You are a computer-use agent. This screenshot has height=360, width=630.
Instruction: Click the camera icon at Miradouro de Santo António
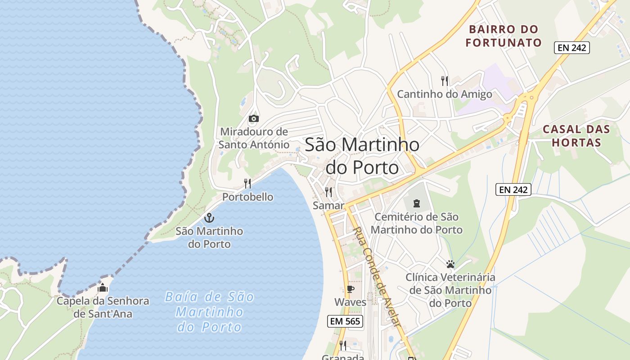tap(254, 118)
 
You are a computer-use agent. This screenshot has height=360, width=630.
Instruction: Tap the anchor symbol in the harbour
tap(209, 218)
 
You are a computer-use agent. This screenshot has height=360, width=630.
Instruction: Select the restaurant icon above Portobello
tap(247, 183)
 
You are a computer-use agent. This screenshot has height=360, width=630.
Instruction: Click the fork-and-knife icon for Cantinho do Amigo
tap(445, 81)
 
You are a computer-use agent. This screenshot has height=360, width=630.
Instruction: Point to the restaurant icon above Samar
tap(328, 192)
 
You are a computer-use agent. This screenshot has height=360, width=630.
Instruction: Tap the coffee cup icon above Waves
tap(350, 289)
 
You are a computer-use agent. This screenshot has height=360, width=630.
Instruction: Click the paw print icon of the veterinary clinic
tap(450, 264)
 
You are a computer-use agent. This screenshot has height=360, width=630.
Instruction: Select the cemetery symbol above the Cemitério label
tap(416, 203)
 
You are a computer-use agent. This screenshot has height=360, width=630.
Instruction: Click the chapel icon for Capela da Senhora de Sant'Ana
tap(103, 288)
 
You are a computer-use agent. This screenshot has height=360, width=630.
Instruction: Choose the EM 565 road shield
tap(346, 321)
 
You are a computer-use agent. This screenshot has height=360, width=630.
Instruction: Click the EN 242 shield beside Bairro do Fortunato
tap(571, 47)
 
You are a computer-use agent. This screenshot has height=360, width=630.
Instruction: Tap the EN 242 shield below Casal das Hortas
tap(513, 189)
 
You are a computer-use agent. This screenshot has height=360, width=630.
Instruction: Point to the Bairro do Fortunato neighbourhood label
tap(504, 36)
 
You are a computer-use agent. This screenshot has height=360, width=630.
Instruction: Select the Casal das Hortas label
tap(576, 136)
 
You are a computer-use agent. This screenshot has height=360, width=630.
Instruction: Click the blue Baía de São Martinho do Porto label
tap(210, 312)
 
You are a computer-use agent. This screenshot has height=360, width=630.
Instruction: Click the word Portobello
tap(247, 197)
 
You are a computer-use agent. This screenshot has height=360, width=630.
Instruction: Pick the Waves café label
tap(350, 302)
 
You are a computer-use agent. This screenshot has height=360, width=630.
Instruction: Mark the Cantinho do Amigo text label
tap(444, 94)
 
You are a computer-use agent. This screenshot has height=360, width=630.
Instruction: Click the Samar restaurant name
tap(328, 206)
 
